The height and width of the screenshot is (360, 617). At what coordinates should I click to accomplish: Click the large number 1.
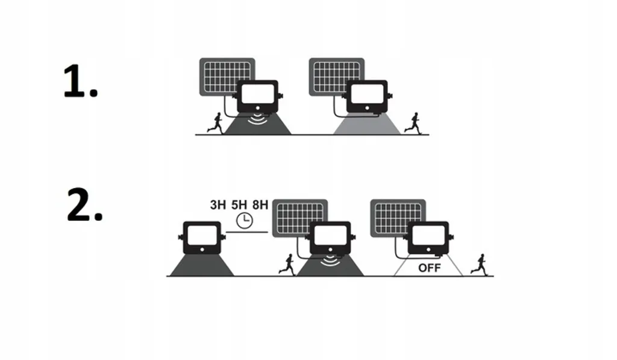click(80, 81)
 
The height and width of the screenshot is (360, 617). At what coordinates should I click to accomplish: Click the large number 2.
click(84, 205)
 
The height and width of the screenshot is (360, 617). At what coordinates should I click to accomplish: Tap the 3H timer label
click(218, 205)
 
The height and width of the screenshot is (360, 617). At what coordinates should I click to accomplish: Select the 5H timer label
click(239, 205)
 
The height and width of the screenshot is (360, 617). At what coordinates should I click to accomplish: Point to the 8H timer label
click(260, 205)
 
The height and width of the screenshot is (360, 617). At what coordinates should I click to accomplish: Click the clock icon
click(245, 220)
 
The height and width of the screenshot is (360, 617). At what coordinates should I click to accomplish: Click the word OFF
click(429, 268)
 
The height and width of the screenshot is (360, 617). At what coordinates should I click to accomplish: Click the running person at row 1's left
click(215, 123)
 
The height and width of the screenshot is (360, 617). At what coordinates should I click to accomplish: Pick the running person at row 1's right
click(412, 122)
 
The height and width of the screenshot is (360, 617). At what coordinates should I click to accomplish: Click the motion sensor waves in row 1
click(257, 119)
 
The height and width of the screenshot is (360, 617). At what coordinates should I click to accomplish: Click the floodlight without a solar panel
click(202, 238)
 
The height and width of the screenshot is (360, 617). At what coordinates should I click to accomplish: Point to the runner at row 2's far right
click(479, 264)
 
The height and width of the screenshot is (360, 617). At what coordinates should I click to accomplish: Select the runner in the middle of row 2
click(287, 264)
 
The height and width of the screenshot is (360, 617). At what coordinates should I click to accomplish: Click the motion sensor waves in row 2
click(330, 261)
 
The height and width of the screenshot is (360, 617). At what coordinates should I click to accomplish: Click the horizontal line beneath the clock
click(246, 232)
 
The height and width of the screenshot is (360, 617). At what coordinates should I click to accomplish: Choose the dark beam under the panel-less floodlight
click(202, 265)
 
